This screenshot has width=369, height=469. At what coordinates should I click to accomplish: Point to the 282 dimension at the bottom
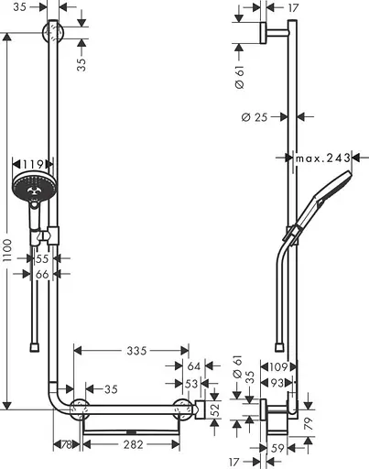click(x=135, y=444)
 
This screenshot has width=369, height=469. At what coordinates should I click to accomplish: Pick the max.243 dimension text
click(x=323, y=158)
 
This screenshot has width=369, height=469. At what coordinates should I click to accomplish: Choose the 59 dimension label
click(x=277, y=448)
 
